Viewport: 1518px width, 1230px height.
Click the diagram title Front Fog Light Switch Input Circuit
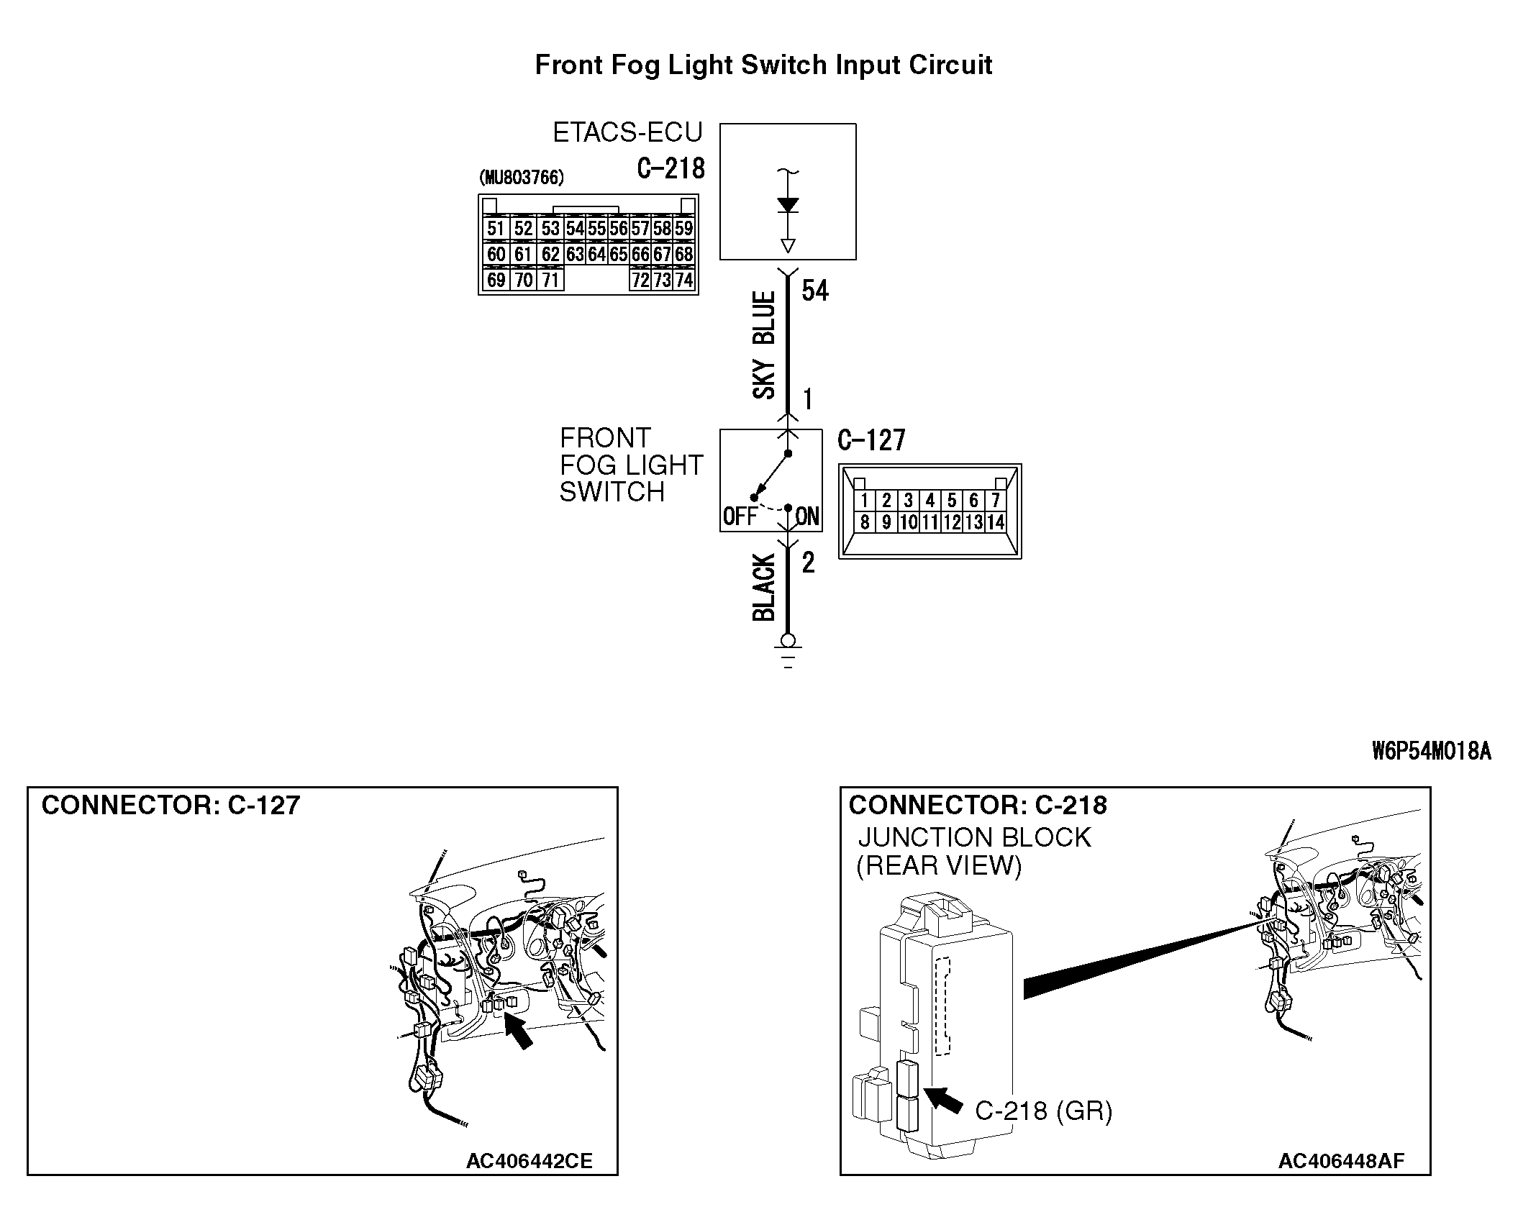coord(763,65)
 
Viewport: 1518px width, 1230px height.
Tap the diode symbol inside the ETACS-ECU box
coord(788,206)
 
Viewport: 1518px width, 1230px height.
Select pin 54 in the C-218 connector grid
coord(575,229)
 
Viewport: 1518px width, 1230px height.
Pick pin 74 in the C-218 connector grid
coord(683,280)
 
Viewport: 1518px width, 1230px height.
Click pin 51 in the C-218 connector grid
coord(495,229)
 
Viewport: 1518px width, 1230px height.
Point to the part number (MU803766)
coord(522,178)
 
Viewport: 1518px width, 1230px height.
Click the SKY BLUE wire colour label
coord(764,345)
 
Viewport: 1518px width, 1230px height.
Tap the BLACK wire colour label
coord(764,587)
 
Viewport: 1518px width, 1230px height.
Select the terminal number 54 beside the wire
coord(815,291)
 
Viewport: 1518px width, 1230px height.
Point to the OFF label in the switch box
coord(740,516)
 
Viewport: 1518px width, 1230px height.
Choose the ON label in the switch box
coord(807,516)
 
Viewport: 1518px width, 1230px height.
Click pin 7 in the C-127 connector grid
coord(996,500)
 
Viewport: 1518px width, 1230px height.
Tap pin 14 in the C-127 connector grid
coord(996,522)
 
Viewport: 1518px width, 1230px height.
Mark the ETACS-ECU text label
coord(627,133)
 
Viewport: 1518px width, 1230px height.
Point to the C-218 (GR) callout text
coord(1043,1111)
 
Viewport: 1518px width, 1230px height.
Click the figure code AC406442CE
coord(529,1162)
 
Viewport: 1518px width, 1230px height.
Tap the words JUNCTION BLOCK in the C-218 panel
coord(974,838)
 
